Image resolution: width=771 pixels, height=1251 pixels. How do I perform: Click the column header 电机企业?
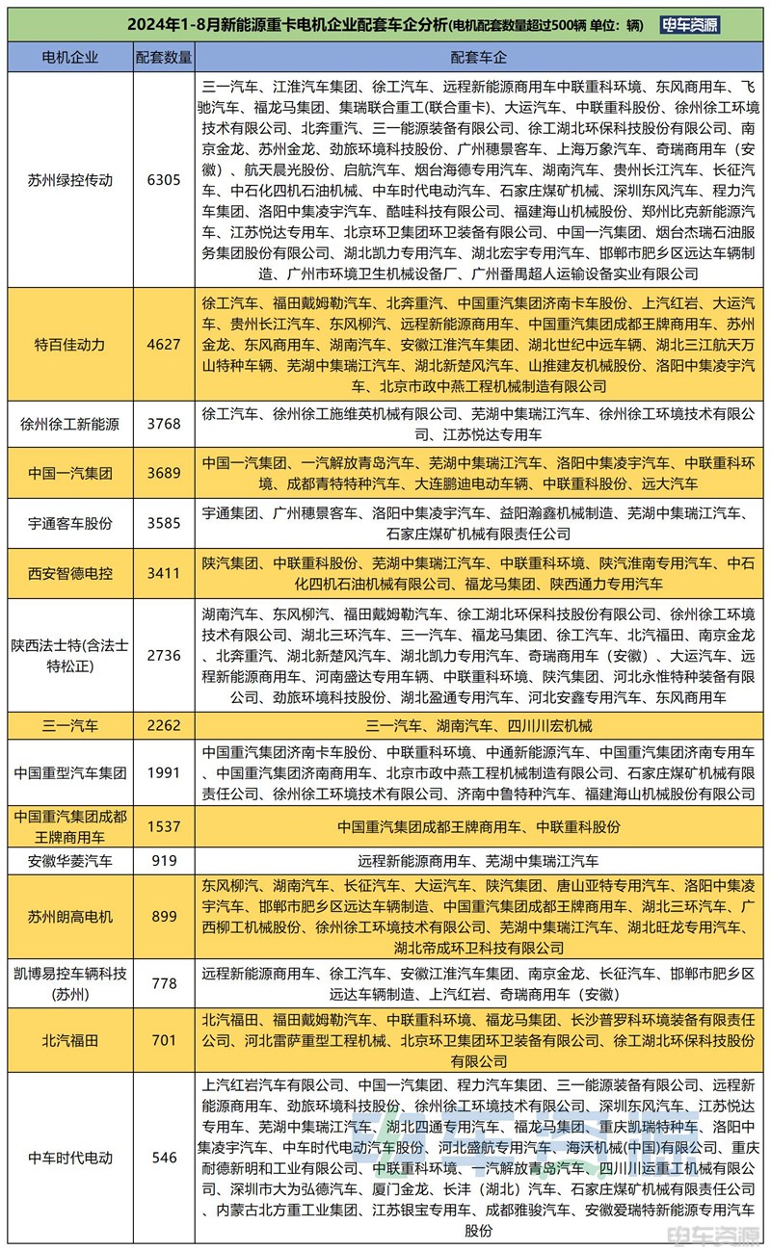coord(69,58)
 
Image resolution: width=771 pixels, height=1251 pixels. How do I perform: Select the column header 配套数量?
coord(164,58)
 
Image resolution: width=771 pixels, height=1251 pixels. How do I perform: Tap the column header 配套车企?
coord(480,58)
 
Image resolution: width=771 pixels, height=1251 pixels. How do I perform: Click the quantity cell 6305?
coord(164,179)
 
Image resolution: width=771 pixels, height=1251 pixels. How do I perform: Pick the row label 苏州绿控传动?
coord(69,179)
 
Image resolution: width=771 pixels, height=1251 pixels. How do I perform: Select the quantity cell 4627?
coord(164,344)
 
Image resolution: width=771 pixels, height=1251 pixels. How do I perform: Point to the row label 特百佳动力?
coord(69,344)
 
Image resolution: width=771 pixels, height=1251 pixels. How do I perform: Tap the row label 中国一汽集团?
coord(69,473)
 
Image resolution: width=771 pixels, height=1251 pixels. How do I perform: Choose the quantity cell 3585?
coord(164,523)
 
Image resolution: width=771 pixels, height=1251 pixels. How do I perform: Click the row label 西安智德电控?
coord(69,573)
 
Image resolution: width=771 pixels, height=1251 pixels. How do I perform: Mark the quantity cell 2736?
coord(164,655)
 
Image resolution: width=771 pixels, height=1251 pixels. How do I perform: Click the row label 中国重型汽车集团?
coord(69,772)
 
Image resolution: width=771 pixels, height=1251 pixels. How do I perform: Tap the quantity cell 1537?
coord(164,826)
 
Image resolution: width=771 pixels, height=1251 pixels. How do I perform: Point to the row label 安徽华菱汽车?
coord(69,861)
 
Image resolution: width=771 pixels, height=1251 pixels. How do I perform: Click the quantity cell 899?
coord(164,917)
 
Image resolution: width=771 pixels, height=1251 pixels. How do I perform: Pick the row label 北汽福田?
coord(69,1040)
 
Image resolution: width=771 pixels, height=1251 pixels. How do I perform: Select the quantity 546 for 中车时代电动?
coord(164,1158)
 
